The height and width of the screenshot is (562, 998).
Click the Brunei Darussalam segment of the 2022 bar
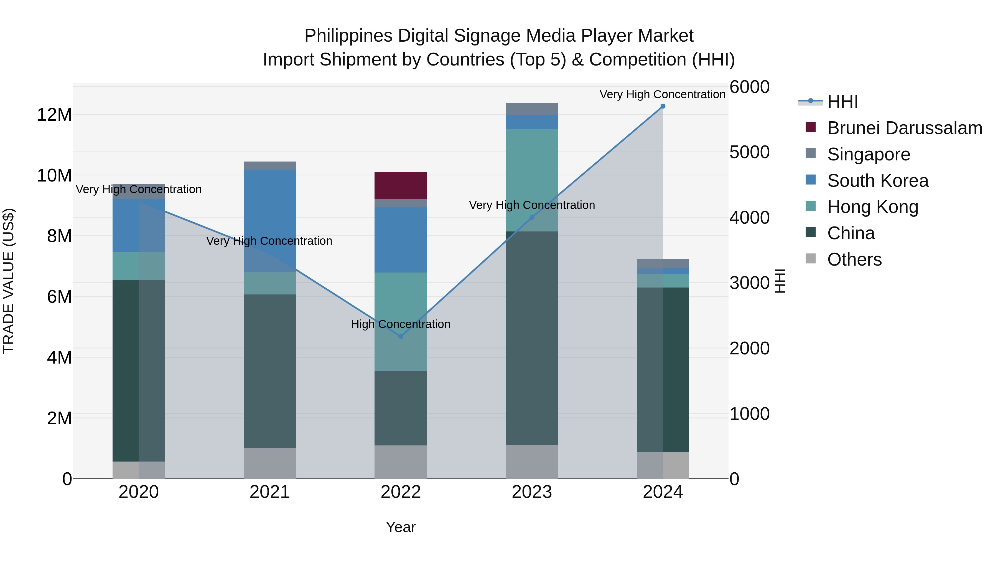(x=401, y=185)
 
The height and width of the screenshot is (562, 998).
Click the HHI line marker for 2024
(x=663, y=106)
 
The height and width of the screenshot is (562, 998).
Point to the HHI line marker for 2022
(x=401, y=336)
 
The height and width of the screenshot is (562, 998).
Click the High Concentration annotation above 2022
(x=401, y=324)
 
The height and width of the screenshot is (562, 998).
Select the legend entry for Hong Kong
(x=872, y=207)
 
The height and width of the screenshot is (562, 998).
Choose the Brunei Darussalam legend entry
(x=904, y=128)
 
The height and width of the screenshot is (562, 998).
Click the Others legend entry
(x=854, y=259)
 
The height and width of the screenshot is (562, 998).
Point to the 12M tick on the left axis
(x=54, y=115)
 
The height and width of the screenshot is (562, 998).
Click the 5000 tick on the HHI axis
(x=749, y=152)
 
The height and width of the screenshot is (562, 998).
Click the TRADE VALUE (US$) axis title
(x=9, y=281)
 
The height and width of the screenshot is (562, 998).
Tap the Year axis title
(x=401, y=527)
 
